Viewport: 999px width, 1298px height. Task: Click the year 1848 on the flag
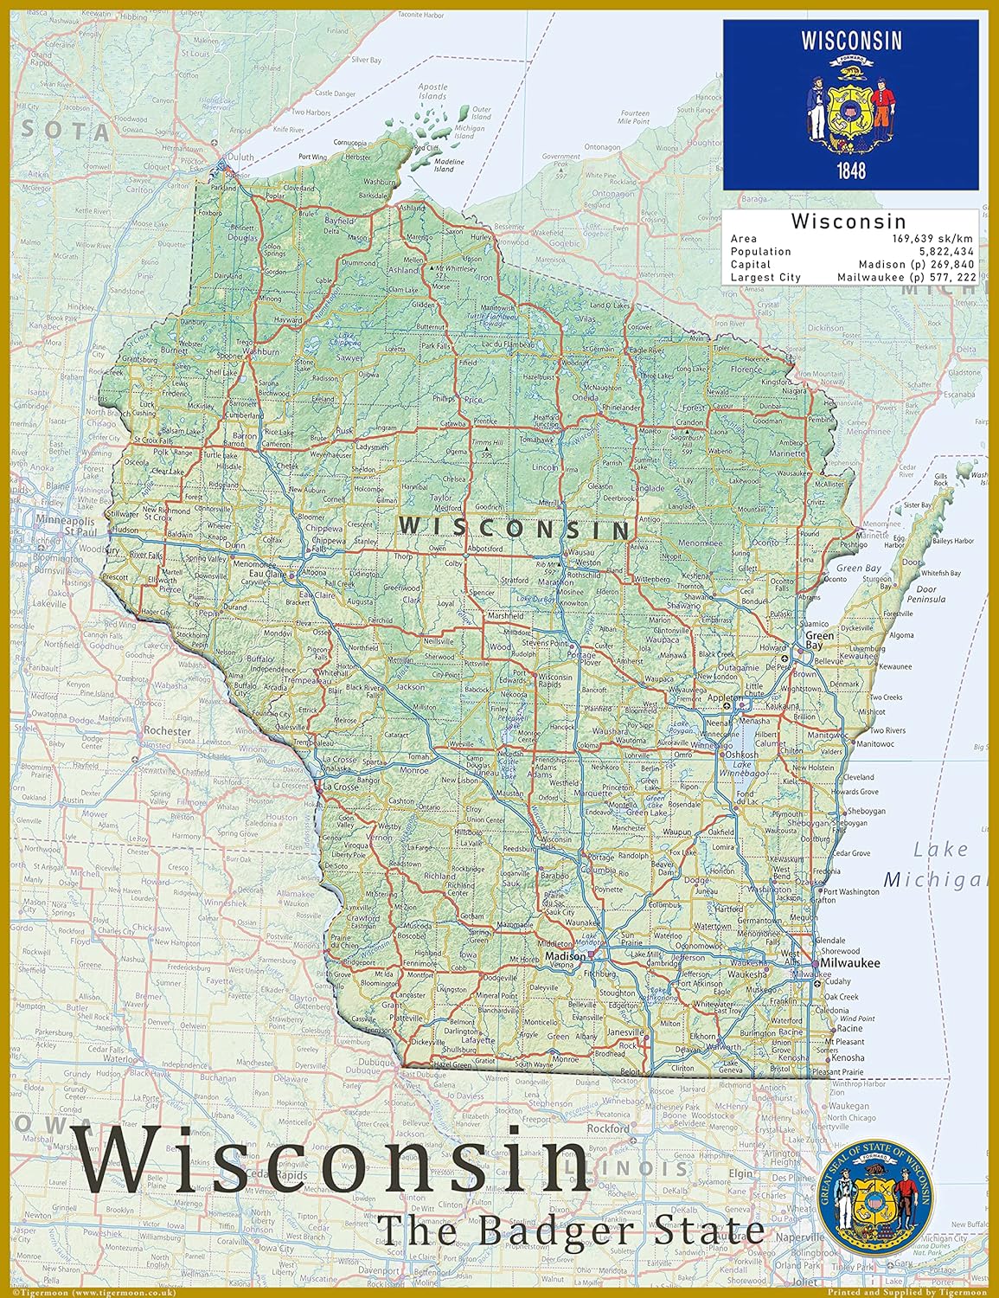click(851, 170)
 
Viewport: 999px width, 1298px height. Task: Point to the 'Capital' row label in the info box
click(750, 265)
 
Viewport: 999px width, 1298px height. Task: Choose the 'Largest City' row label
click(765, 278)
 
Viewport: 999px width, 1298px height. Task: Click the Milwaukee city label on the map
click(850, 963)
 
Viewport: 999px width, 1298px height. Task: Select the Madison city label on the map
click(565, 957)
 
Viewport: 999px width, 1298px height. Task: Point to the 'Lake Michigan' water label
click(937, 864)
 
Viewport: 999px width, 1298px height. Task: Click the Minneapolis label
click(64, 522)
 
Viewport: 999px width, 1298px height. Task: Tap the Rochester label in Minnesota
click(167, 731)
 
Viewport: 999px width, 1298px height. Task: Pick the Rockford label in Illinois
click(607, 1129)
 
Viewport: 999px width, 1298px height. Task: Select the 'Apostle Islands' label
click(432, 91)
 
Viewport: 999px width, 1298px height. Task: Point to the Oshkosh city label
click(741, 755)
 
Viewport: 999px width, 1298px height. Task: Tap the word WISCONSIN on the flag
click(851, 40)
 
